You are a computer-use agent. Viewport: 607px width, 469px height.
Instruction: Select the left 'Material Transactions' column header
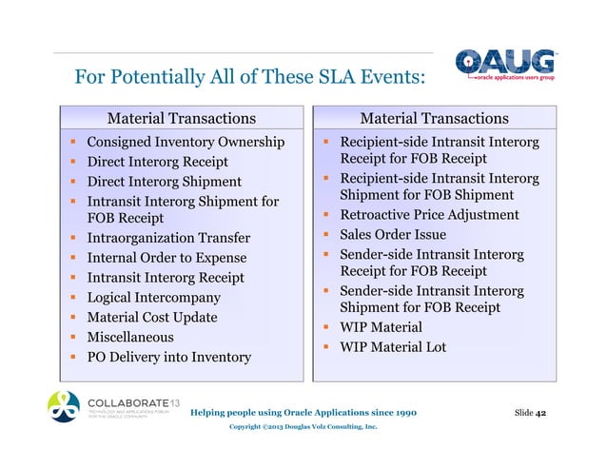coord(181,118)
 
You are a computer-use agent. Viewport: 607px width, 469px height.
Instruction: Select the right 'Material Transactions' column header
coord(434,118)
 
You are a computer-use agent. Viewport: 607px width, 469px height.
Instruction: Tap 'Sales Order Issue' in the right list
coord(393,235)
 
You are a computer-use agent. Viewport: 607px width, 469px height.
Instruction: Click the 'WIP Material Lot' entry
coord(393,347)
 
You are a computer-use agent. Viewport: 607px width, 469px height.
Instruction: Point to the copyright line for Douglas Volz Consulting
coord(303,427)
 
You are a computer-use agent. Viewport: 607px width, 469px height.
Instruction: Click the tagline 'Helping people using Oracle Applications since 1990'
coord(303,413)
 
